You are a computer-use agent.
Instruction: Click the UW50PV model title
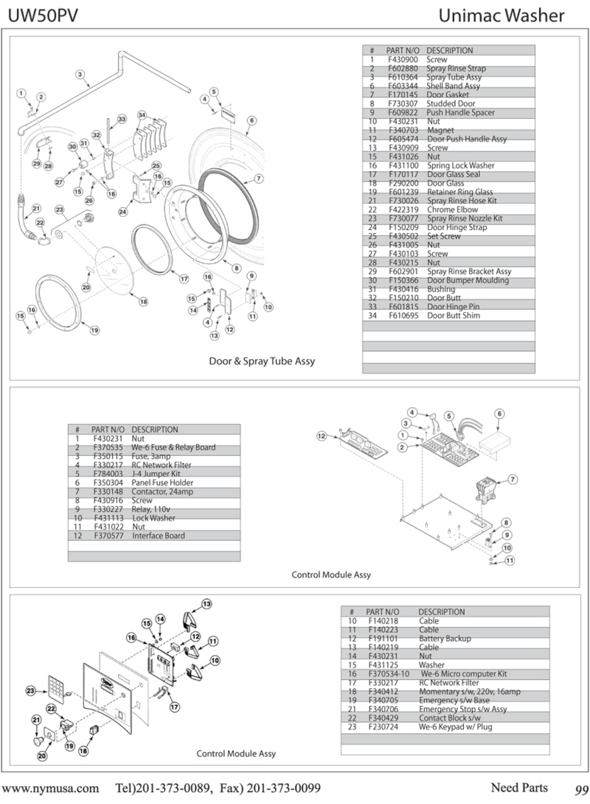tap(43, 16)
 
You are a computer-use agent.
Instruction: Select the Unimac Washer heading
tap(501, 16)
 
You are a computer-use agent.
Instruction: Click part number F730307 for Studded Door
tap(403, 104)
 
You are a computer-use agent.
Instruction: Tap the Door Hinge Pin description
tap(453, 307)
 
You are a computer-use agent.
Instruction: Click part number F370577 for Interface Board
tap(108, 536)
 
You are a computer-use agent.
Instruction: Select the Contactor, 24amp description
tap(162, 492)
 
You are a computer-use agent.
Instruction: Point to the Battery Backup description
tap(445, 638)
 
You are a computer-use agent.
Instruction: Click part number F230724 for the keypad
tap(383, 727)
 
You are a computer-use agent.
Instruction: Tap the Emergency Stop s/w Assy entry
tap(462, 709)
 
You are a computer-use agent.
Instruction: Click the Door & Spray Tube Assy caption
tap(262, 361)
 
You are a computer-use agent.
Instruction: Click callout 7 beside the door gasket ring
tap(259, 178)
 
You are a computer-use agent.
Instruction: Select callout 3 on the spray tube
tap(80, 74)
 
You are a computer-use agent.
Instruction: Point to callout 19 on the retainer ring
tap(94, 330)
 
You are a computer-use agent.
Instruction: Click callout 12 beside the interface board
tap(321, 436)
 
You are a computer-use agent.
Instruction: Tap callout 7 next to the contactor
tap(512, 479)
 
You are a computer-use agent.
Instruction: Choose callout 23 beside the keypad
tap(30, 691)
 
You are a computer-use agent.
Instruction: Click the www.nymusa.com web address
tap(50, 788)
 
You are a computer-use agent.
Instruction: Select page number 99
tap(581, 790)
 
